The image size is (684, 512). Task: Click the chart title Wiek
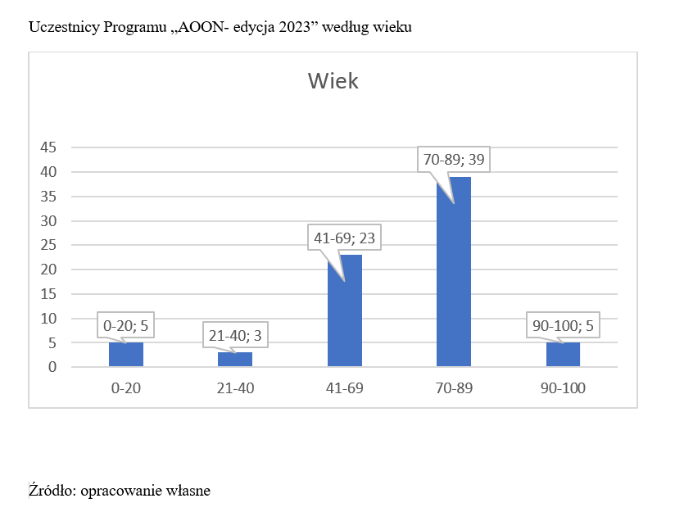[333, 81]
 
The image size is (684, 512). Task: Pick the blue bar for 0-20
[126, 355]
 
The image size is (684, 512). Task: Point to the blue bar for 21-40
[235, 359]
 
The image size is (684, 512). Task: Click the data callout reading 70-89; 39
[453, 159]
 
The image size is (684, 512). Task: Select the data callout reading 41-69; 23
[344, 239]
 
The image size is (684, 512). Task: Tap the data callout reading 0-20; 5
[126, 326]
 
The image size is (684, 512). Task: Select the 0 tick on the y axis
[52, 367]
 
